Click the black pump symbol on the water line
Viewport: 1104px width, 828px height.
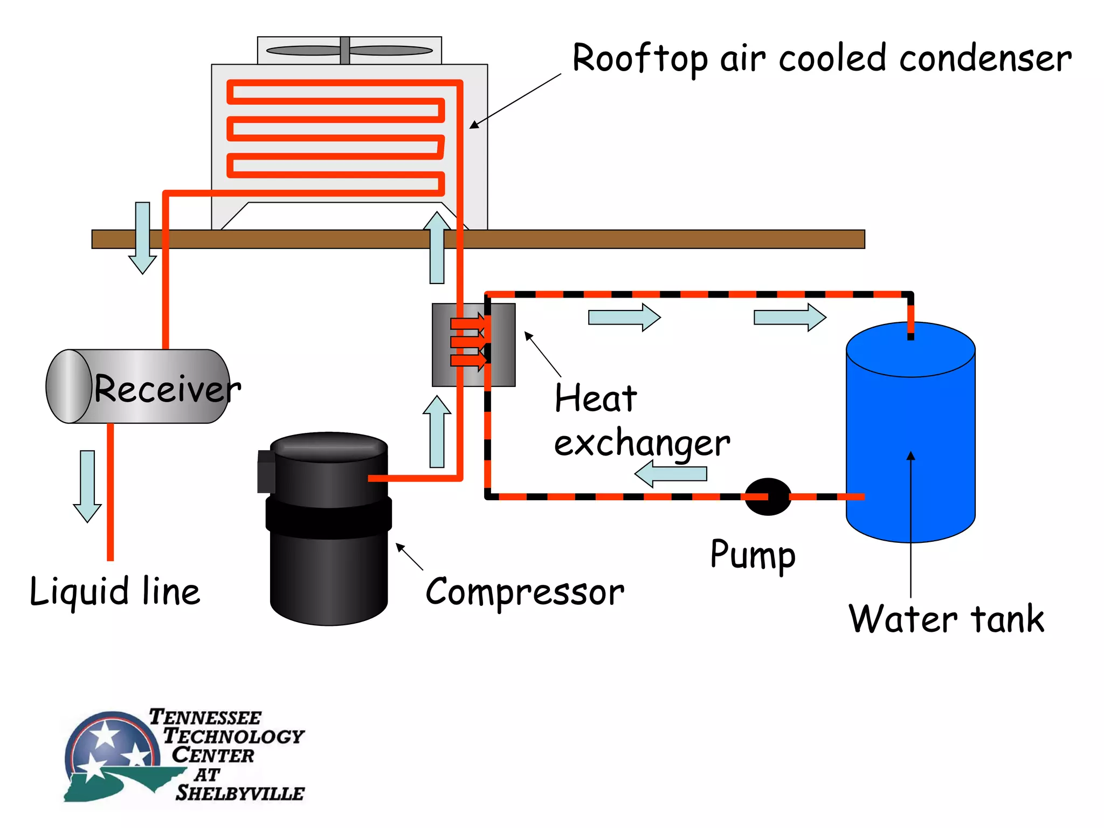pos(768,496)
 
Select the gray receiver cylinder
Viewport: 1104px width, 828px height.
pos(137,387)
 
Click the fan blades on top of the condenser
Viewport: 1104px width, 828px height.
pos(349,51)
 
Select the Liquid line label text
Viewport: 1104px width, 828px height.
pos(115,591)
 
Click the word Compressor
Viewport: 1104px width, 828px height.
pos(525,592)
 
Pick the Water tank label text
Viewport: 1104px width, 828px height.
pos(946,619)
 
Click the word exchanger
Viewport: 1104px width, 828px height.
pos(641,443)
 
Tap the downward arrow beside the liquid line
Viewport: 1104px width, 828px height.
pos(87,485)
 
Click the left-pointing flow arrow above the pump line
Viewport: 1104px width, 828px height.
pos(671,474)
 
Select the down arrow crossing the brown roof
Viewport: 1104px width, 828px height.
pos(143,237)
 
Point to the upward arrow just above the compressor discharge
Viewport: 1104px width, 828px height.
pos(437,431)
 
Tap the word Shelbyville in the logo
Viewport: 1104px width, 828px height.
pos(240,793)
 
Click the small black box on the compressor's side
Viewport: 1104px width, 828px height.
pos(266,472)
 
